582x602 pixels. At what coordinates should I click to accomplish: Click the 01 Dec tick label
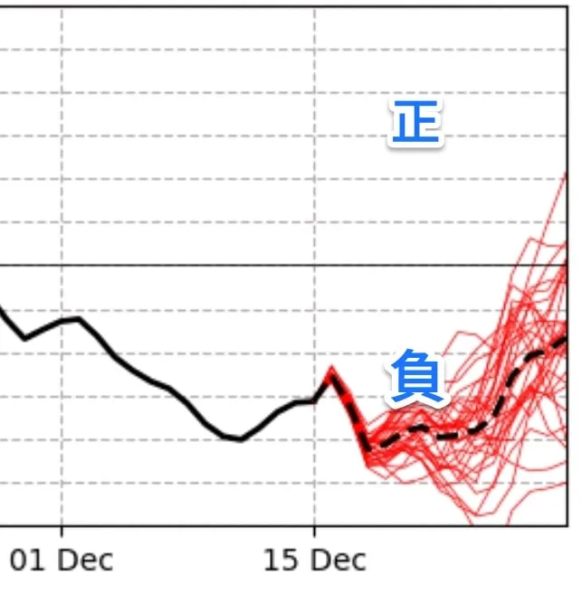(62, 560)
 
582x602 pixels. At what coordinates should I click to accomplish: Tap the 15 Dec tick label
(314, 560)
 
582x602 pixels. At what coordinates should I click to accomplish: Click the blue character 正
(415, 123)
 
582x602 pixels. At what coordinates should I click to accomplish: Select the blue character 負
(417, 378)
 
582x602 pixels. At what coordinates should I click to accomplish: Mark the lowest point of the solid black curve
(239, 440)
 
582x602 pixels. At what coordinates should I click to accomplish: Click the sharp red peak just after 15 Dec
(331, 368)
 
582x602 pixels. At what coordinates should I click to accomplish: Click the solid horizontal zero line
(181, 266)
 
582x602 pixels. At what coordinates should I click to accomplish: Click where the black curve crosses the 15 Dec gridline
(314, 400)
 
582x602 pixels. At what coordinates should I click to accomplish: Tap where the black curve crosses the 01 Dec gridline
(62, 320)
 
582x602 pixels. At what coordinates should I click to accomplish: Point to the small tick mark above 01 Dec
(62, 530)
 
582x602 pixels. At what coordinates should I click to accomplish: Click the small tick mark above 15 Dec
(314, 530)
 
